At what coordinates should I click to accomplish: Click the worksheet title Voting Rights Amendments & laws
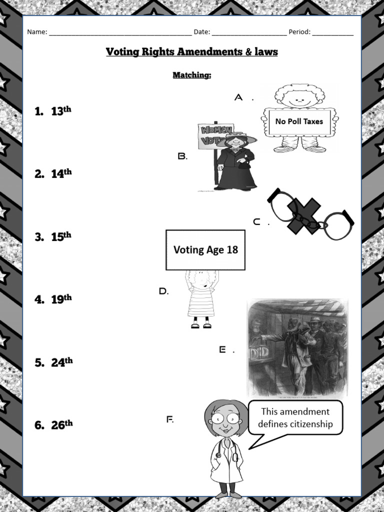pos(191,52)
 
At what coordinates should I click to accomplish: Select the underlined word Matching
pos(191,75)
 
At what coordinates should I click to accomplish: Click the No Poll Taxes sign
pos(299,121)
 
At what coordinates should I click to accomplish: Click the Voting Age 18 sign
pos(205,249)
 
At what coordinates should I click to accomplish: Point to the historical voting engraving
pos(298,347)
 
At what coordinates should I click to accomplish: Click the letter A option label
pos(239,97)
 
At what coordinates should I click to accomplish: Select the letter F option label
pos(169,419)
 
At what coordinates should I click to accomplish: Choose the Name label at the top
pos(37,32)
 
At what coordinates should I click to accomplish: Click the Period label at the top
pos(299,32)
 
